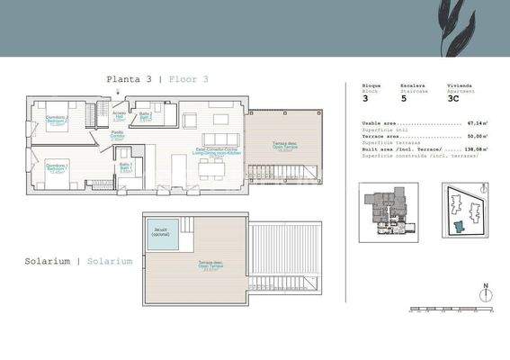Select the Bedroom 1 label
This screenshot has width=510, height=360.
pos(58,167)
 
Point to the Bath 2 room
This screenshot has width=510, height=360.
pos(145,117)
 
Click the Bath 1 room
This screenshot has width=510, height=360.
pos(127,167)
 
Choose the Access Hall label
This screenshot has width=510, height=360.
pos(119,114)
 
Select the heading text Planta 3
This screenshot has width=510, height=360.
pos(129,79)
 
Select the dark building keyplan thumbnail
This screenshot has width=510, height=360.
pos(389,211)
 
